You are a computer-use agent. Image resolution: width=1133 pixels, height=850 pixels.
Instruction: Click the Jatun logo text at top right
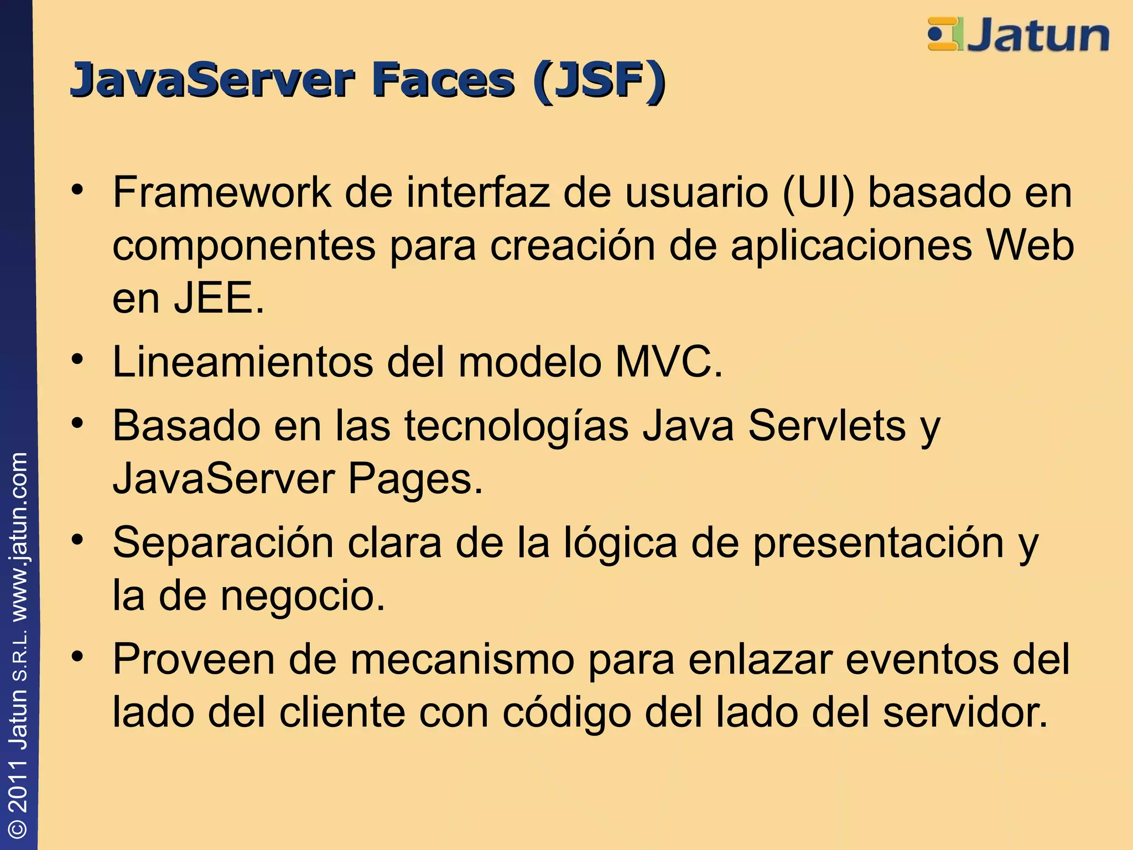[1038, 35]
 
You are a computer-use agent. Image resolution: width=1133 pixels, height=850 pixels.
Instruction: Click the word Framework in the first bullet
[221, 193]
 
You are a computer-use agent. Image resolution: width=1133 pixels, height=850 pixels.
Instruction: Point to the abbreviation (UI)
[818, 193]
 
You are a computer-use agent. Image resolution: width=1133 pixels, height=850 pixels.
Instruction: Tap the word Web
[1030, 245]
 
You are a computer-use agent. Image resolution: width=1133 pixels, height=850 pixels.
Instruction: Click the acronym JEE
[219, 298]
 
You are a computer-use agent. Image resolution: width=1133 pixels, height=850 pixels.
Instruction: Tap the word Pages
[415, 479]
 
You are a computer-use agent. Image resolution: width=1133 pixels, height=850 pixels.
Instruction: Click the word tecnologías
[517, 427]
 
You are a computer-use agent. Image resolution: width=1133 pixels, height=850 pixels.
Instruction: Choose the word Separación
[223, 543]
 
